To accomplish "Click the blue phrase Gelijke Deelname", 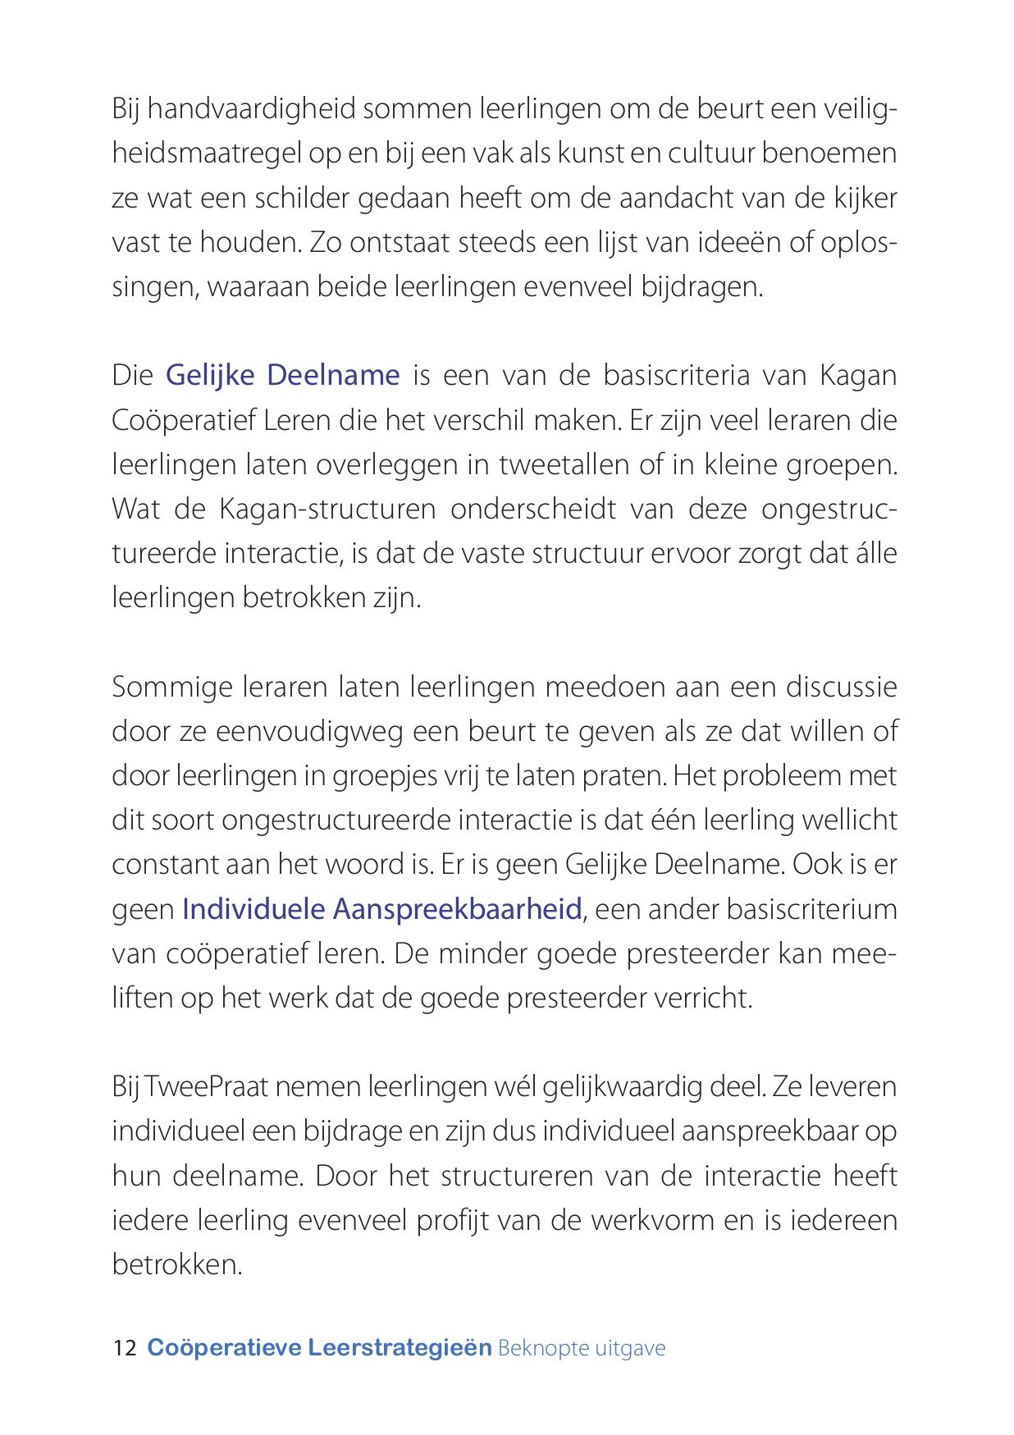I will pos(282,375).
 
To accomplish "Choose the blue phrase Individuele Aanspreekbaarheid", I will pos(381,908).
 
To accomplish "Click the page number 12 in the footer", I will pos(125,1347).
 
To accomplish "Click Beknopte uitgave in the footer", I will pos(581,1347).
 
